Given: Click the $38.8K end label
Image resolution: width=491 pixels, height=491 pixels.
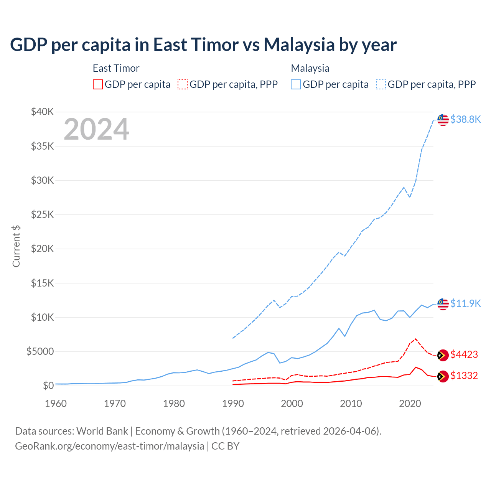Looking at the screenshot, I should (x=465, y=119).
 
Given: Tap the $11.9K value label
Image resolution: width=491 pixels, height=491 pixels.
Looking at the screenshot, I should (x=465, y=303).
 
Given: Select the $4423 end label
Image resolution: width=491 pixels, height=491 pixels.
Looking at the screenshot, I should (x=464, y=354).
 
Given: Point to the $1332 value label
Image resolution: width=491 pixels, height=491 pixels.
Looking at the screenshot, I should (x=464, y=376).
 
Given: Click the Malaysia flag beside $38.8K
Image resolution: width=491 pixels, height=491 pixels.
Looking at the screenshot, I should (x=443, y=120).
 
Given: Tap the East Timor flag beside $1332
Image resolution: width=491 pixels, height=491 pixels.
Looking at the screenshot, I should (x=443, y=377).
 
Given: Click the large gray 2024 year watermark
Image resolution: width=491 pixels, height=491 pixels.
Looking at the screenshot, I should (x=96, y=129).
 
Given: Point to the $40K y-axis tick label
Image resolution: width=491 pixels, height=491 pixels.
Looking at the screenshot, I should (x=43, y=112).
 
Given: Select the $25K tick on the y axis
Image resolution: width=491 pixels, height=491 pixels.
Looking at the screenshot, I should (x=43, y=214).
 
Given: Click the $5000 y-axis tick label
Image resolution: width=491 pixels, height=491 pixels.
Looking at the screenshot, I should (x=40, y=351).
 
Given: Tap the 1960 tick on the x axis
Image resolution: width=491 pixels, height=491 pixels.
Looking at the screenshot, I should (x=56, y=404).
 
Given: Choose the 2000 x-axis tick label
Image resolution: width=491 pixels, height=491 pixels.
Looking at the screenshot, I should (x=292, y=404).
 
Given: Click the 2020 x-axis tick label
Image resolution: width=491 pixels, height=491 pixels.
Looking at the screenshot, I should (x=410, y=404).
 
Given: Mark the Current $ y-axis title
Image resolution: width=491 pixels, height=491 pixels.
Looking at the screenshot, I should (x=16, y=246).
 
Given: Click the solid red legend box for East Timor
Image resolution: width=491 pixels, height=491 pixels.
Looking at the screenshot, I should (x=98, y=84).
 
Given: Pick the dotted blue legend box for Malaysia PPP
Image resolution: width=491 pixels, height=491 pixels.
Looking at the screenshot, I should (x=381, y=84).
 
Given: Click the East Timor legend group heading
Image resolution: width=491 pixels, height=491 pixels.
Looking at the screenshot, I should (x=116, y=68).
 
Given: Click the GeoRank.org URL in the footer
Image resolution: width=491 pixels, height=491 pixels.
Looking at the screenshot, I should (x=109, y=446).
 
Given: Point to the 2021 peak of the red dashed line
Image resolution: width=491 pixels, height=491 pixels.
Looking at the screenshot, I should (x=416, y=339).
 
